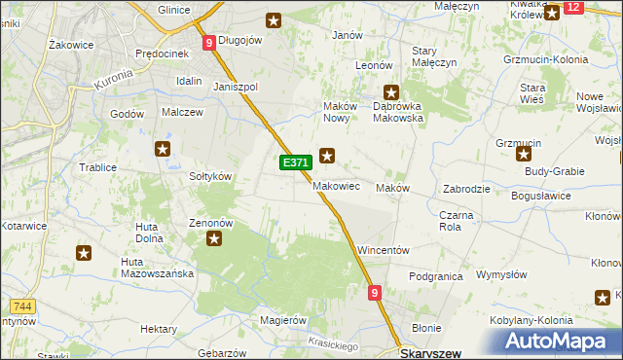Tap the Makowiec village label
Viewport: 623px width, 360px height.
(x=337, y=185)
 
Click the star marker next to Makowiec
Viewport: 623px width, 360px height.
(x=328, y=154)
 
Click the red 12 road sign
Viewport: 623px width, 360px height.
(x=573, y=8)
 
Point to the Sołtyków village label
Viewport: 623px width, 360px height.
(x=209, y=176)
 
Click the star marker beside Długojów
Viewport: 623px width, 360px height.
(x=274, y=18)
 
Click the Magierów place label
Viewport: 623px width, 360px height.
(x=278, y=320)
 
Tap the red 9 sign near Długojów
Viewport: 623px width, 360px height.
(x=209, y=43)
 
